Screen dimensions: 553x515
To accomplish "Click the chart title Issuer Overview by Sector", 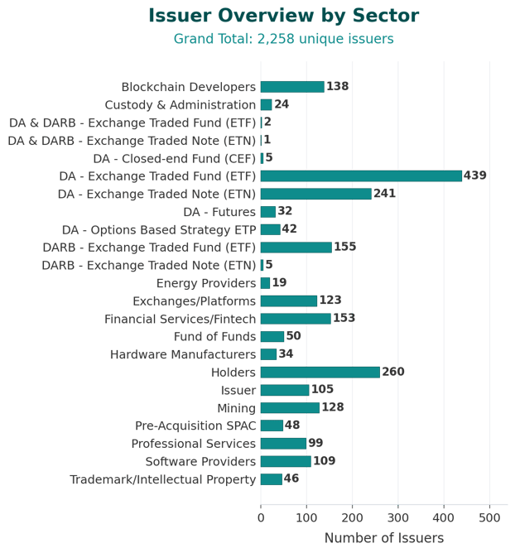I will [x=283, y=16].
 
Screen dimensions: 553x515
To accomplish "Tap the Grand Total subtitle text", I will [x=283, y=39].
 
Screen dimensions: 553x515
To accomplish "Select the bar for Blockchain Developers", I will [x=292, y=87].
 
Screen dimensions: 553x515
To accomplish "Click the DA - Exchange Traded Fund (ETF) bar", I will [x=361, y=176].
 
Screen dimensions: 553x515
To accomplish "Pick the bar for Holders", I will [x=320, y=372].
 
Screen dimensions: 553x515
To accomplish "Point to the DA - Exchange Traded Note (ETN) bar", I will [x=315, y=194].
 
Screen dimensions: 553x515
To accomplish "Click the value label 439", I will [x=475, y=176].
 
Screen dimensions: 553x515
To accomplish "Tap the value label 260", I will [x=393, y=372].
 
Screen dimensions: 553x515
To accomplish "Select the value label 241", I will [x=385, y=194].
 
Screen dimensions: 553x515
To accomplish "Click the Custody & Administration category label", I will [x=180, y=105].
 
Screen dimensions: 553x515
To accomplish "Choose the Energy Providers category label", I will [x=206, y=283].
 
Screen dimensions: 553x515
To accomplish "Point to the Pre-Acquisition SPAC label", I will [x=195, y=426].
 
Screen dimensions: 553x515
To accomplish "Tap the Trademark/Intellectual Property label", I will [x=163, y=479].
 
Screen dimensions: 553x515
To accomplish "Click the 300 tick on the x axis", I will [x=398, y=518].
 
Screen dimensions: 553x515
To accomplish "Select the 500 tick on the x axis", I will [x=489, y=518].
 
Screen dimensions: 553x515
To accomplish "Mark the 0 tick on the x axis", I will [x=261, y=518].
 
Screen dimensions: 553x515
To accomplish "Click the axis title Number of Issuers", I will [x=383, y=538].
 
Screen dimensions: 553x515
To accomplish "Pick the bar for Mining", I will [x=290, y=407].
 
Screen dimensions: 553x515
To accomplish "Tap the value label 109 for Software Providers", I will [x=325, y=461].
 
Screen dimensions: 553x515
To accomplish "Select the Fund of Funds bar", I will [x=272, y=336].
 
